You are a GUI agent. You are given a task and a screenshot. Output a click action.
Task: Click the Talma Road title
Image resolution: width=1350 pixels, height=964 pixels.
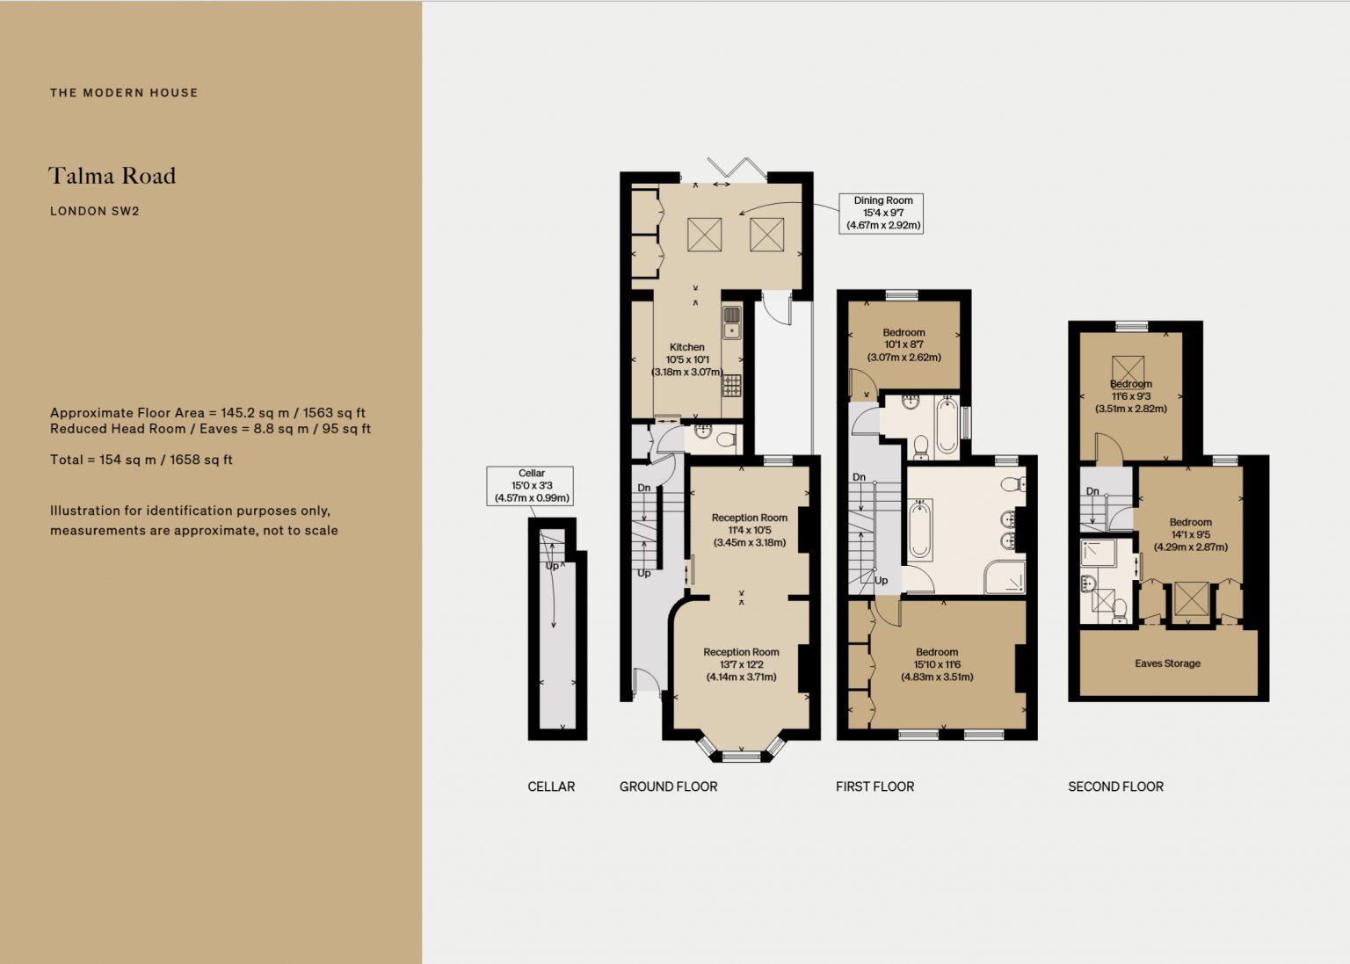112,176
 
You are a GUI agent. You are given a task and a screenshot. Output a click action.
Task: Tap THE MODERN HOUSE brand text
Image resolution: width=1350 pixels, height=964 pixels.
124,93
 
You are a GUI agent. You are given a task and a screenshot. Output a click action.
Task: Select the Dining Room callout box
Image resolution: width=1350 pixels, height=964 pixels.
881,214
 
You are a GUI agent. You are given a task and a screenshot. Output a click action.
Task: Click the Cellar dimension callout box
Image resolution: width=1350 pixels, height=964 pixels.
530,486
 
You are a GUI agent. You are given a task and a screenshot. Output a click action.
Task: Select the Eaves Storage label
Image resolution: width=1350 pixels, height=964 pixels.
1167,663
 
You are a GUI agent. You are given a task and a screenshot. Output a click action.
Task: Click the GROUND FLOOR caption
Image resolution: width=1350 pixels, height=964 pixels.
668,786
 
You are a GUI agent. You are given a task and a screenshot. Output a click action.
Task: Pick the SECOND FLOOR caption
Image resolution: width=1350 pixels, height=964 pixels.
1115,786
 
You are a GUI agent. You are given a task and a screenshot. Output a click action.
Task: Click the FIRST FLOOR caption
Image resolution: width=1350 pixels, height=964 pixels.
875,786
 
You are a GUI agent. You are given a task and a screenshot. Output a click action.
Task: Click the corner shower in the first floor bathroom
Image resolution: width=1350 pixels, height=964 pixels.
1005,577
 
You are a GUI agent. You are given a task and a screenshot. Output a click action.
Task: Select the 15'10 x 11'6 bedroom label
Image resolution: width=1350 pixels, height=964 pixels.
937,664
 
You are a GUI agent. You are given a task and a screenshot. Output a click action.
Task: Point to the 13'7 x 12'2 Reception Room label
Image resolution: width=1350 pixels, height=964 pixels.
741,664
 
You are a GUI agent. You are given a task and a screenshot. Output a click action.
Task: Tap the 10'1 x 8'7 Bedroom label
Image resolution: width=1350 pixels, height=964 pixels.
904,344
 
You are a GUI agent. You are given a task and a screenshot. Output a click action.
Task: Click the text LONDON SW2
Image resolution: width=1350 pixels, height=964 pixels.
95,211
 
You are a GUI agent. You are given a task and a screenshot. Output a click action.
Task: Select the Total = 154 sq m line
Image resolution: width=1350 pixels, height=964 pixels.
141,460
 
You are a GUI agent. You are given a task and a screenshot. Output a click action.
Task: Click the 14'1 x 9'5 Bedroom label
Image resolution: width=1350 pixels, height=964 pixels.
1190,534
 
